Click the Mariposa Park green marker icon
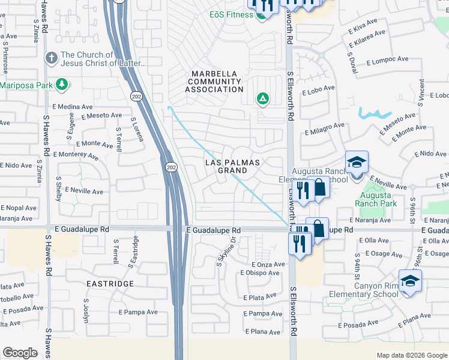coord(61,84)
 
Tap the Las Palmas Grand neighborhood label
coord(234,167)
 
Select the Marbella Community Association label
coord(214,82)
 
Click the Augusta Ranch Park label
coord(376,200)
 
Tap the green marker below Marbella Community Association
coord(262,98)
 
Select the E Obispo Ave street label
coord(259,274)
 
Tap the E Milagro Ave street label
coord(325,129)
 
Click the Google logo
coord(20,353)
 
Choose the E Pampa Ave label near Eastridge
coord(138,313)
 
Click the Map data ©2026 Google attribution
coord(410,355)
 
